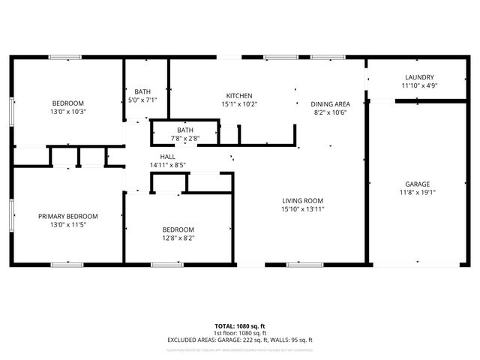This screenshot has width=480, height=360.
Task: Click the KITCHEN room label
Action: pos(238,96)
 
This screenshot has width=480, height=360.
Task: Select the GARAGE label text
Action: pos(418,184)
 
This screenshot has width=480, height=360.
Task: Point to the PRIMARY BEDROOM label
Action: pos(67,216)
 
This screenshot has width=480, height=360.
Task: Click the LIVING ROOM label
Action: pos(302,200)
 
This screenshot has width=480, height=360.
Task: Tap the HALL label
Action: pos(167,157)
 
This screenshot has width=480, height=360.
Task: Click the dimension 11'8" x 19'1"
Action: pos(418,192)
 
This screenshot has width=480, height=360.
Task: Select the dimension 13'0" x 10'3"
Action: pos(67,112)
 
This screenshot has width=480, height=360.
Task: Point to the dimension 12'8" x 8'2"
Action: pos(178,238)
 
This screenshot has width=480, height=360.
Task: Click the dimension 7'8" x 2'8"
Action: pos(184,138)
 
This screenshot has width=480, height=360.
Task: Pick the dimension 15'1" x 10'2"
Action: pos(238,104)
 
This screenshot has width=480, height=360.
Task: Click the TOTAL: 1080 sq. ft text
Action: pos(239,326)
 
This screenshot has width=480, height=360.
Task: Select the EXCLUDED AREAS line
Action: pos(239,340)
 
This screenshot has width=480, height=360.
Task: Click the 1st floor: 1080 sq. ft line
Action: pos(239,333)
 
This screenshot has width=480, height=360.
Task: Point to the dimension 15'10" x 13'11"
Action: pos(302,208)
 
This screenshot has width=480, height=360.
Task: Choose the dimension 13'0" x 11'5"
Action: pos(67,224)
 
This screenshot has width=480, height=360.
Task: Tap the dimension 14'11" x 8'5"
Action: pos(167,165)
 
